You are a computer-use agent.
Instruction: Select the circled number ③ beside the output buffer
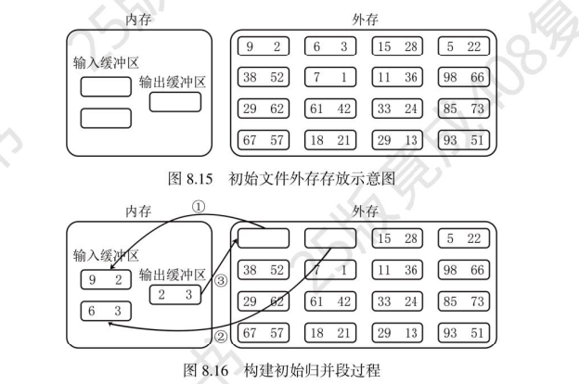pyautogui.click(x=220, y=277)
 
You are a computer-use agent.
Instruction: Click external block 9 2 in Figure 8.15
pyautogui.click(x=264, y=45)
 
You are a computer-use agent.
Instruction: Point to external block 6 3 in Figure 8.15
pyautogui.click(x=329, y=45)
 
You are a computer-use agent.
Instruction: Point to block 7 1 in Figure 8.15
pyautogui.click(x=329, y=77)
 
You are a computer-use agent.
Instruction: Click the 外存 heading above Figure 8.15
pyautogui.click(x=364, y=19)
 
